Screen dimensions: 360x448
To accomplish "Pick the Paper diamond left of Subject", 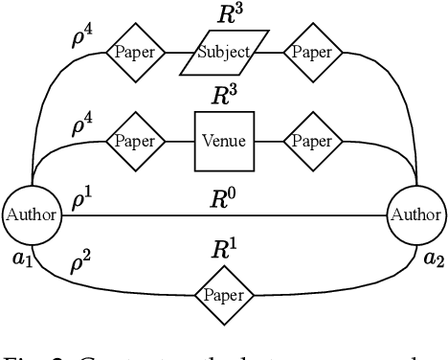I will tap(136, 51).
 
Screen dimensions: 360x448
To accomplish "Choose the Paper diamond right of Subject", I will tap(312, 51).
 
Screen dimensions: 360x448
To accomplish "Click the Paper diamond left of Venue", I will tap(136, 141).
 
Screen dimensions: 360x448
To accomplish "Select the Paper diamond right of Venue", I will tap(312, 141).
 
